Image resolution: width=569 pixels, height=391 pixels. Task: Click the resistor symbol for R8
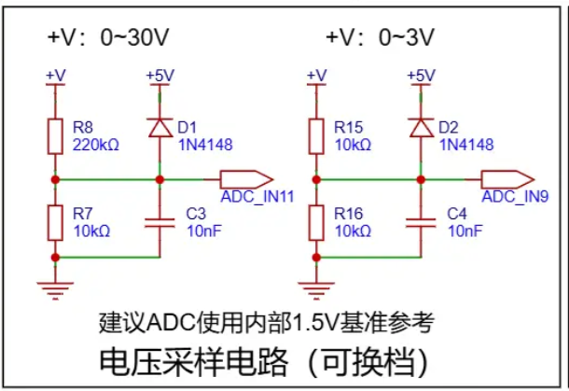pyautogui.click(x=56, y=135)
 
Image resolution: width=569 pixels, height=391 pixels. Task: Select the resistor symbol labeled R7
pyautogui.click(x=56, y=221)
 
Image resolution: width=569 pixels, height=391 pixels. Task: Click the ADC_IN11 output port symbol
pyautogui.click(x=246, y=178)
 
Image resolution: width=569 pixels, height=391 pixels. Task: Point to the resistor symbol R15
pyautogui.click(x=317, y=135)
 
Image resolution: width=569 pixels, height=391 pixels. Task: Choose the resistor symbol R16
pyautogui.click(x=317, y=221)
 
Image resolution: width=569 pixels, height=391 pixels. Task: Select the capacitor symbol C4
pyautogui.click(x=422, y=220)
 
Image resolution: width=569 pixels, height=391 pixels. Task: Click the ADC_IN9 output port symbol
pyautogui.click(x=507, y=178)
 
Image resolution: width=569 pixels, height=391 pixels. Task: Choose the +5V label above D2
pyautogui.click(x=422, y=76)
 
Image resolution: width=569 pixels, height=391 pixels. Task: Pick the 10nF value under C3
pyautogui.click(x=203, y=230)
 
